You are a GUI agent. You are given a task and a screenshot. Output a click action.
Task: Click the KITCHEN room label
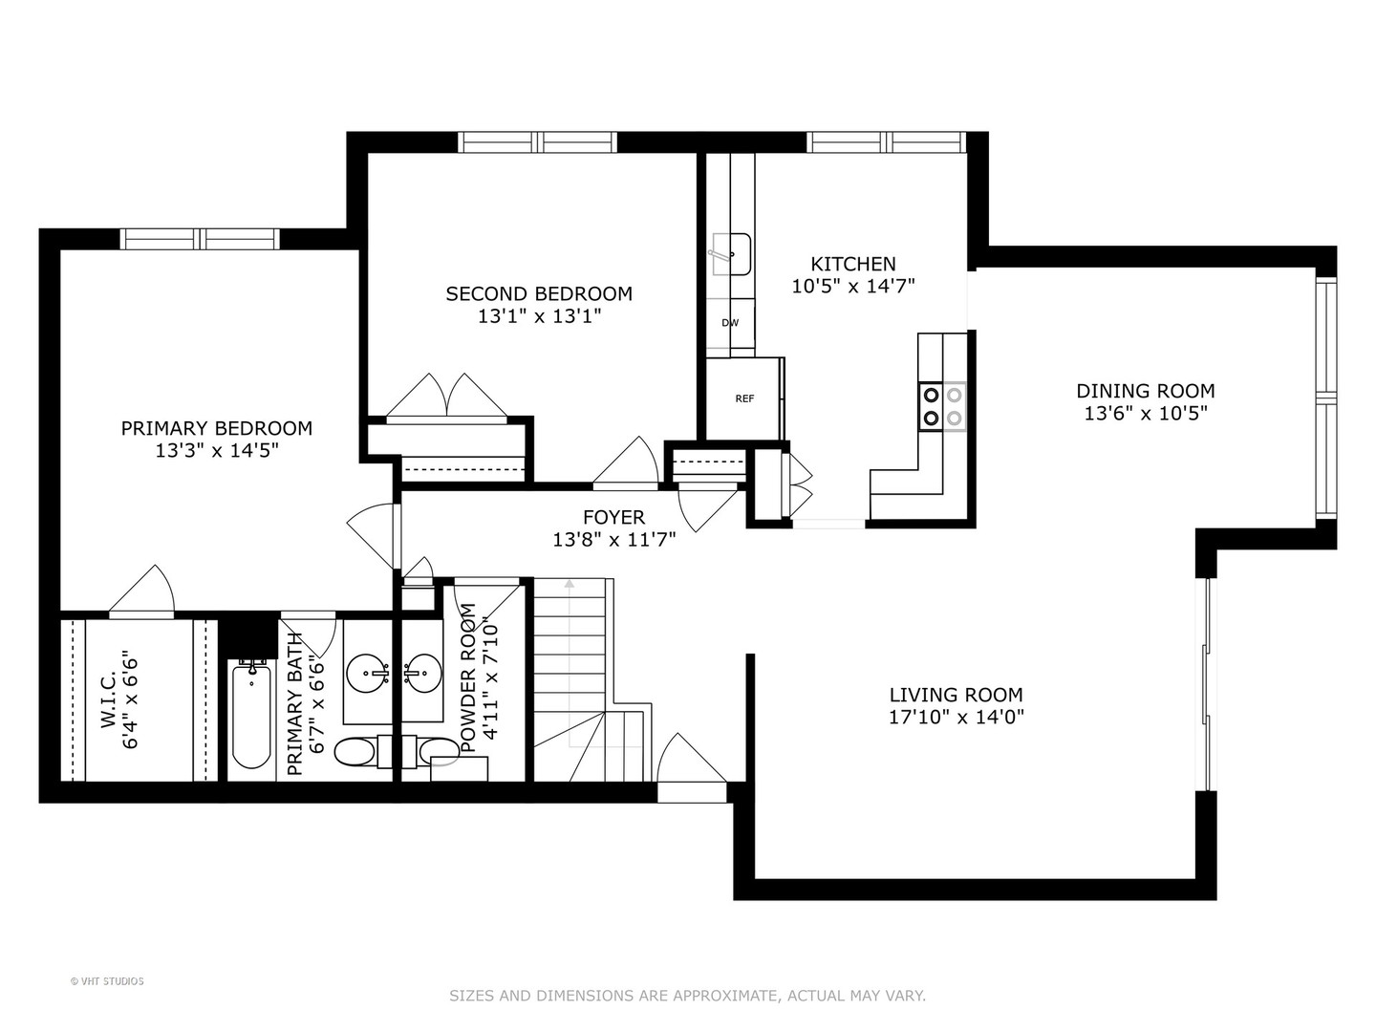[853, 264]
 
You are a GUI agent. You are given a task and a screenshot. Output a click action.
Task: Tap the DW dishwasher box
[730, 323]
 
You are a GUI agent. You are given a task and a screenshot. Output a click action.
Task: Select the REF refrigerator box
[744, 398]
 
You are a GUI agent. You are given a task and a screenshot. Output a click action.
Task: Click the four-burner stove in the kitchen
[942, 406]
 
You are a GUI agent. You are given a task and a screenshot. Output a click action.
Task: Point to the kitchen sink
[732, 254]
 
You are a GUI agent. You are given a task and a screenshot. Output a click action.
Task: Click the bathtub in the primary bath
[251, 717]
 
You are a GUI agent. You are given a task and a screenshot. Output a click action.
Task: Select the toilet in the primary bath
[355, 752]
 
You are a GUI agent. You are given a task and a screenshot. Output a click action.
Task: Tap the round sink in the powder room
[420, 674]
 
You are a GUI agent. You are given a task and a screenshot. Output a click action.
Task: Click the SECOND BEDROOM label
[539, 293]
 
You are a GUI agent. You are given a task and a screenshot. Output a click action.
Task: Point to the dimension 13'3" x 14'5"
[217, 451]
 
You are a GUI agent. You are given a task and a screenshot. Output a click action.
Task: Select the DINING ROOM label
[1146, 391]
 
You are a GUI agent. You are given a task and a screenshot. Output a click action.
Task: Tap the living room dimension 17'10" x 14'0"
[956, 718]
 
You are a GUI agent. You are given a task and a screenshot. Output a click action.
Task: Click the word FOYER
[613, 518]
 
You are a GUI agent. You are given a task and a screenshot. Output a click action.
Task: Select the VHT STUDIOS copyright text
[107, 981]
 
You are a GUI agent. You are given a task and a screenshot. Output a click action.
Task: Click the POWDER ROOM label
[468, 678]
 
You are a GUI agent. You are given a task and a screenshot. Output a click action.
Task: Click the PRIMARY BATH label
[295, 702]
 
